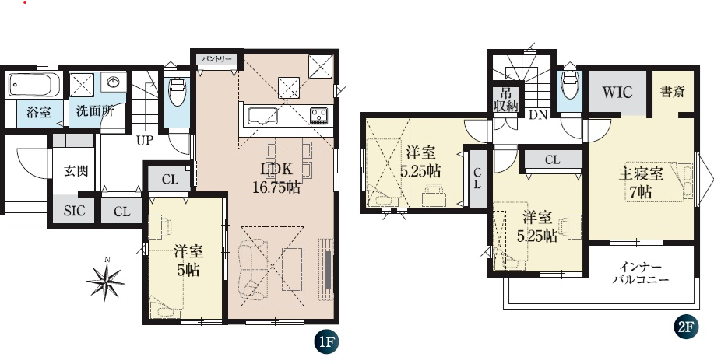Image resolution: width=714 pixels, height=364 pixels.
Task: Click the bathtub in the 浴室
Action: click(x=34, y=85)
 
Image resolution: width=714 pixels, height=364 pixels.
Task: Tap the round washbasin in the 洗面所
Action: click(x=114, y=82)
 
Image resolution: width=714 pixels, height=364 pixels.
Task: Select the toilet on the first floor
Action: click(x=177, y=90)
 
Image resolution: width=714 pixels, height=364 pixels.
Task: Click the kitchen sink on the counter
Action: click(x=262, y=117)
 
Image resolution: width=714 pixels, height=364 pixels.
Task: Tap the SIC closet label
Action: click(x=73, y=212)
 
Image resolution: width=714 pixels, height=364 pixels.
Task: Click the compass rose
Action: click(x=106, y=282)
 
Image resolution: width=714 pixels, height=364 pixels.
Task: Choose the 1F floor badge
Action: click(x=326, y=341)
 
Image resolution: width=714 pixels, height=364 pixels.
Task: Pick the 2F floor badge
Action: click(x=686, y=327)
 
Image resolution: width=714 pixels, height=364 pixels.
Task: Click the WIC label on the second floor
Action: click(x=617, y=93)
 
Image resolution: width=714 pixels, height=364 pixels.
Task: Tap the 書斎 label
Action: click(x=673, y=92)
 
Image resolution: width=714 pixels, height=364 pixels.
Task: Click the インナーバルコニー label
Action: click(x=640, y=273)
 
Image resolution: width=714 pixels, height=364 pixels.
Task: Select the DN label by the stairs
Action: click(x=538, y=115)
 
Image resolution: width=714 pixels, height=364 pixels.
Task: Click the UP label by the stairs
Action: click(x=145, y=141)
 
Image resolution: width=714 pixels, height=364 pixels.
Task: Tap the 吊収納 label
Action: click(x=505, y=100)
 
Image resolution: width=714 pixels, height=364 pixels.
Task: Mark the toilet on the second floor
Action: click(x=570, y=84)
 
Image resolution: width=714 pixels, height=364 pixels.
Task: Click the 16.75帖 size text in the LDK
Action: click(x=277, y=187)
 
